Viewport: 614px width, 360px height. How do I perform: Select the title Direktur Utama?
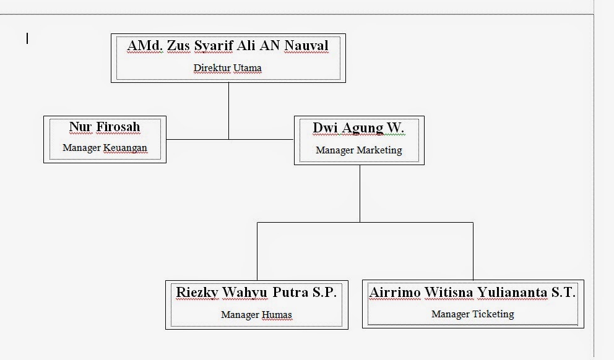227,68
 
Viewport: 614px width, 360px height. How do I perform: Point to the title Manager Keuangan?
105,148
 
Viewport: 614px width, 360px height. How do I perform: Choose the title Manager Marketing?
358,150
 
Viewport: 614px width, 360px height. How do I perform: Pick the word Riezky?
197,293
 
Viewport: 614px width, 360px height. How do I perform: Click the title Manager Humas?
256,315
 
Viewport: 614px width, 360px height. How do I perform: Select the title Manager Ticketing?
472,314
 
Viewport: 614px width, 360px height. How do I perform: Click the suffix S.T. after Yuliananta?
563,293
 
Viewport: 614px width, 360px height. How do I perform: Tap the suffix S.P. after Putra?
324,293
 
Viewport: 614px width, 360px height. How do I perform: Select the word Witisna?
448,293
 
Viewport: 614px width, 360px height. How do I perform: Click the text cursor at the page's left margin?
27,39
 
